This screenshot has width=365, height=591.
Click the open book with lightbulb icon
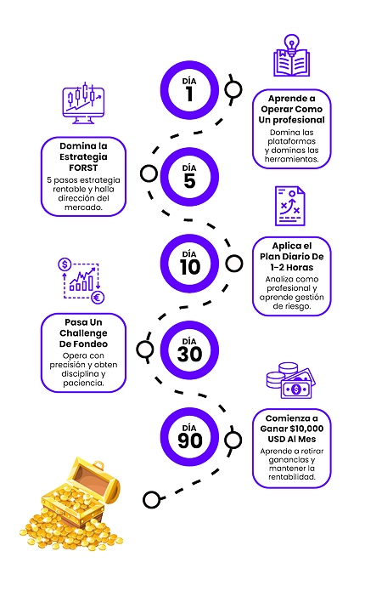click(292, 56)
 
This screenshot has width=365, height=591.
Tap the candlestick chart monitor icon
click(83, 103)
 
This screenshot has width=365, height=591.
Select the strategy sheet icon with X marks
click(290, 206)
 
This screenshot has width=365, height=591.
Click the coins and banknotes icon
click(291, 381)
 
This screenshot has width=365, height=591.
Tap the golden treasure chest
click(71, 504)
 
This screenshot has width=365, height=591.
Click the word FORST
click(83, 168)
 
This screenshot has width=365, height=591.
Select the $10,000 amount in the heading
click(306, 429)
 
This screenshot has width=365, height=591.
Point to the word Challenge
click(83, 333)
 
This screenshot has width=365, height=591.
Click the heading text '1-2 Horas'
click(292, 267)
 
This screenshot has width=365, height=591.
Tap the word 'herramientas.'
click(292, 159)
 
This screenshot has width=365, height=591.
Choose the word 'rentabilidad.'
click(292, 477)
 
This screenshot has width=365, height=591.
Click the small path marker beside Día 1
click(233, 89)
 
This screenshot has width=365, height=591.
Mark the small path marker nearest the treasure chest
click(152, 500)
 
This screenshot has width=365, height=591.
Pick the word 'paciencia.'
click(83, 383)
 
